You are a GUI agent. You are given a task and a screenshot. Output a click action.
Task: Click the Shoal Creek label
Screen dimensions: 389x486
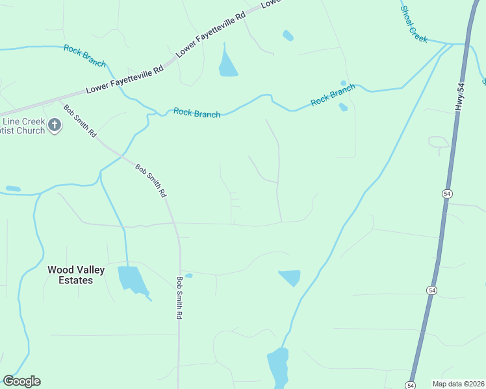point(414,25)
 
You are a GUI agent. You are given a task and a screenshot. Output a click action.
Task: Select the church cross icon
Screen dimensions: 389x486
point(55,125)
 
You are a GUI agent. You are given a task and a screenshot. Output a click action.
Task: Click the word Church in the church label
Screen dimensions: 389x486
point(30,130)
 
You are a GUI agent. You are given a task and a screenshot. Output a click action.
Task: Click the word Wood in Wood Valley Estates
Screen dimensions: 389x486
point(60,270)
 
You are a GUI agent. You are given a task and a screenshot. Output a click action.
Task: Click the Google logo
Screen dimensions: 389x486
point(21,381)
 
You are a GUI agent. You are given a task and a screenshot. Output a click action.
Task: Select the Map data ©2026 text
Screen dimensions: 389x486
point(458,384)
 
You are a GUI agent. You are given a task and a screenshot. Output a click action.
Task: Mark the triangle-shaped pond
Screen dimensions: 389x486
point(290,277)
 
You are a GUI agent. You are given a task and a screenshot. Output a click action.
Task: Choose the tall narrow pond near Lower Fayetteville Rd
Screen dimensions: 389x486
point(227,62)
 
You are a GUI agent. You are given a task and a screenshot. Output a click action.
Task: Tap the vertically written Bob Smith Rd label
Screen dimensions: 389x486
point(179,298)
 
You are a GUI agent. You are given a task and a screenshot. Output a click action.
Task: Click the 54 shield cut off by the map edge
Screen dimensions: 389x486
point(411,385)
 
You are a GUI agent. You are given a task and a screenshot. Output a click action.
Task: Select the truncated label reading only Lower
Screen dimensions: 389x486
point(272,4)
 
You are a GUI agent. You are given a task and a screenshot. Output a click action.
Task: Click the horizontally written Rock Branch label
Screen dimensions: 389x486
point(197,113)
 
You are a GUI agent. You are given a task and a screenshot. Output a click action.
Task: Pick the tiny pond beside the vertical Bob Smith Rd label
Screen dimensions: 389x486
point(189,276)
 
